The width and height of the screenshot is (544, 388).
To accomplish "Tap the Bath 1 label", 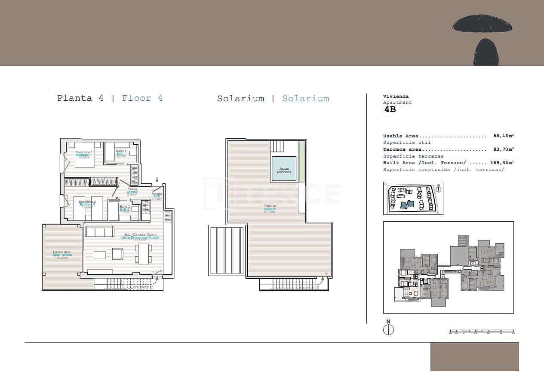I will click(x=121, y=154).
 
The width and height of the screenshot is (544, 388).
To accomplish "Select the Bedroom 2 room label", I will click(x=88, y=204).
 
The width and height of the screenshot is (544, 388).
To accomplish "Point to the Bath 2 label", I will click(x=124, y=210).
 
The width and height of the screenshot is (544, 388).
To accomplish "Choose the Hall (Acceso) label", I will click(x=157, y=196).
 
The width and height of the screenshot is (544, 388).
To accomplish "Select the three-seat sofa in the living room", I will click(x=99, y=232).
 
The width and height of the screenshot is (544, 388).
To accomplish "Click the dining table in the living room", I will click(x=143, y=254).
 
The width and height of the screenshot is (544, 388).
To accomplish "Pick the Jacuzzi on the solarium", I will click(x=283, y=168).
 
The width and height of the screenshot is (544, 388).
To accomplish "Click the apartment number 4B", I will click(x=390, y=109).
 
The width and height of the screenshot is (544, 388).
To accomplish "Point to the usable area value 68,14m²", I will click(x=504, y=136).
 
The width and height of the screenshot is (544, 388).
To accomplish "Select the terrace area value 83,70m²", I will click(x=504, y=149).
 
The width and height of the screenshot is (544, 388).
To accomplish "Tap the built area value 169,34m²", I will click(x=502, y=163).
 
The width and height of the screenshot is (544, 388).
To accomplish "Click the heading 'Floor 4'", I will click(x=142, y=98).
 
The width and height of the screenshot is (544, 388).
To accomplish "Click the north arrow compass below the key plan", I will click(x=388, y=329).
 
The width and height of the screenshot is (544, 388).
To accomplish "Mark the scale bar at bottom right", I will click(x=482, y=332).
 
